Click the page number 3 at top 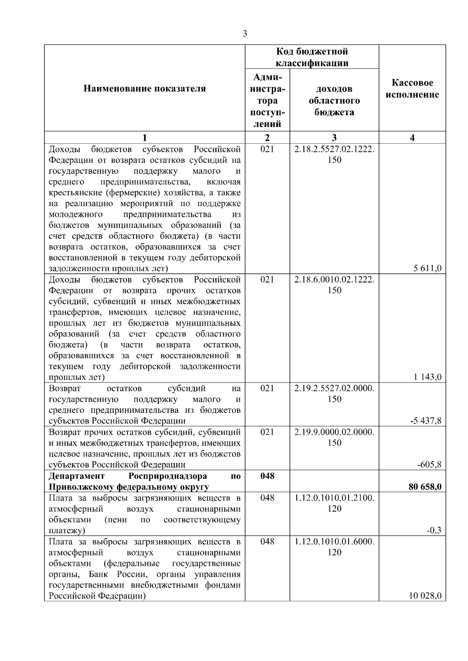[x=245, y=34]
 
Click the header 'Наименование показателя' [x=145, y=89]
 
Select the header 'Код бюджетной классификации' [x=312, y=57]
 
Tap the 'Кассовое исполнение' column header [x=412, y=89]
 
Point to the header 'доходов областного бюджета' [x=334, y=100]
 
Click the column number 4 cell [x=412, y=137]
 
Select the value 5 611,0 [x=428, y=268]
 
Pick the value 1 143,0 [x=428, y=377]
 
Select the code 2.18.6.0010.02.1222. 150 [x=334, y=285]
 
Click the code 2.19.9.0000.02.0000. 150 [x=334, y=437]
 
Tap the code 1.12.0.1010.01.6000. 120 [x=334, y=546]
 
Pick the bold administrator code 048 [x=267, y=476]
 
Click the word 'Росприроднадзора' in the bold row [x=167, y=476]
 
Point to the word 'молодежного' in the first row [x=76, y=215]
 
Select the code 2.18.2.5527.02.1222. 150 [x=334, y=154]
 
